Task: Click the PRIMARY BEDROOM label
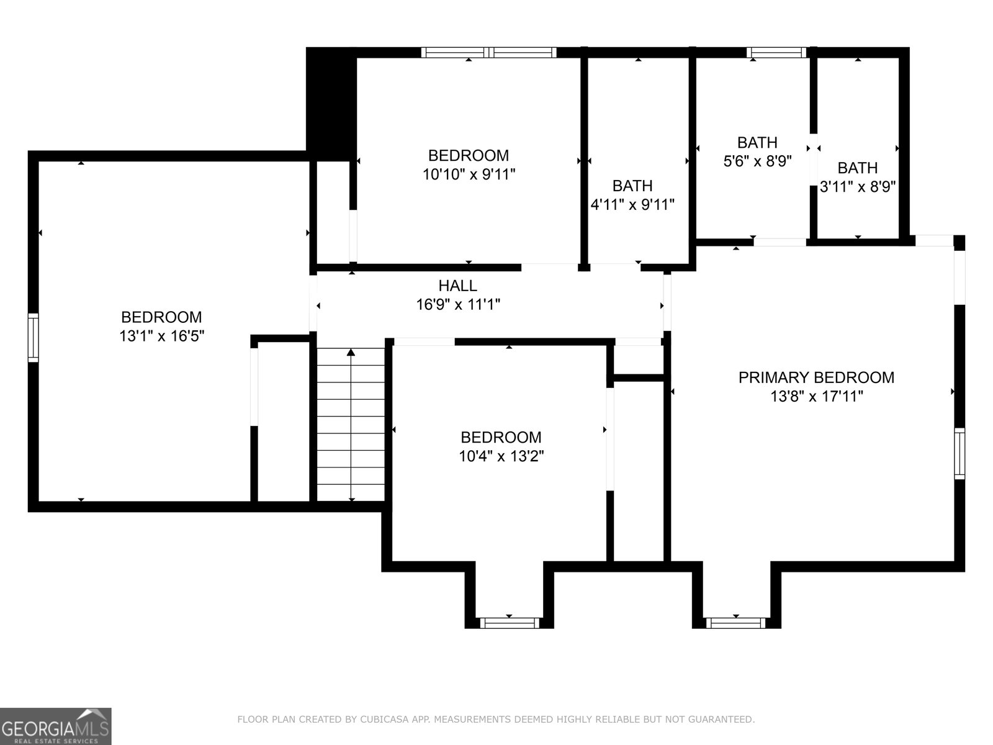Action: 816,377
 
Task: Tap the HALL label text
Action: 457,286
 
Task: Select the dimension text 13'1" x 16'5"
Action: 161,336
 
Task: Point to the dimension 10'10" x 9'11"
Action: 469,174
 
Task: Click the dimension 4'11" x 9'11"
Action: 632,204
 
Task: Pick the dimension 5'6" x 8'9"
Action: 757,161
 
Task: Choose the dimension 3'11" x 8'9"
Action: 857,186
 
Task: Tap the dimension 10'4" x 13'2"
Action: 501,456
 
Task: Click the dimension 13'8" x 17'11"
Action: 816,396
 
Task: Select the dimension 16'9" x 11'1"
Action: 457,304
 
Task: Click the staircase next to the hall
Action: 351,424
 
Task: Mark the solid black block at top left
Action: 331,104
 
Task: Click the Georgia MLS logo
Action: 56,726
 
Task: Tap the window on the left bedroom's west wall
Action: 33,338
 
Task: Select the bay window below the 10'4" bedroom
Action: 510,623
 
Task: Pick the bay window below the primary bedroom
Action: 735,623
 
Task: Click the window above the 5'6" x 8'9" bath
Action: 776,53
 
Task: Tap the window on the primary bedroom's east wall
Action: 959,453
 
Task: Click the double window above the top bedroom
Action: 489,53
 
